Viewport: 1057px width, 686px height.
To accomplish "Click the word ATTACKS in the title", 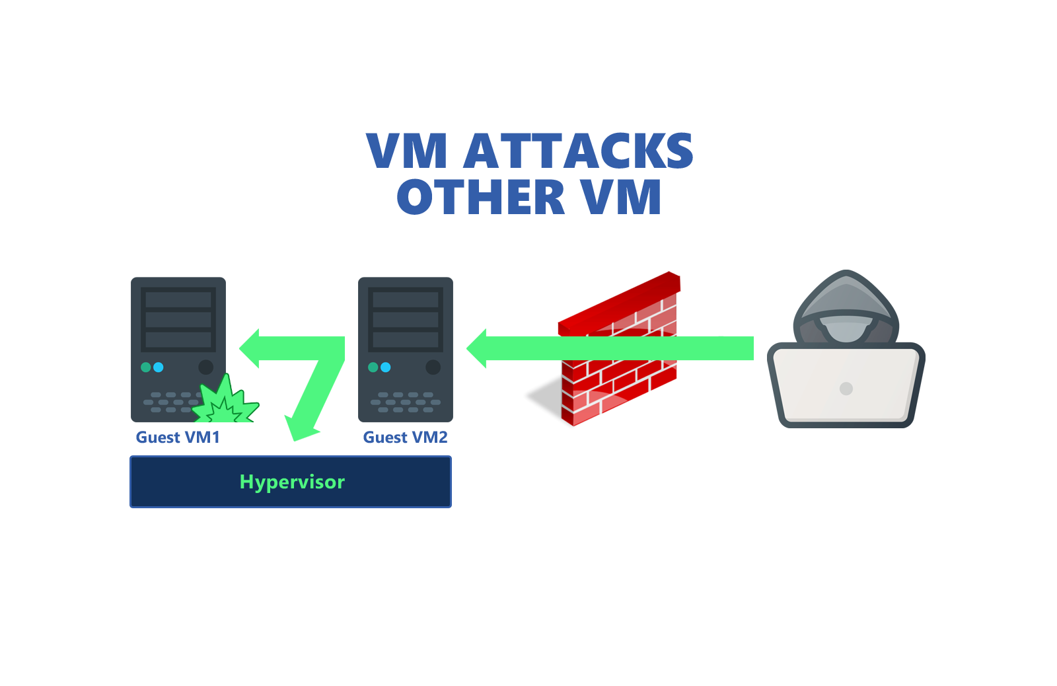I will tap(579, 151).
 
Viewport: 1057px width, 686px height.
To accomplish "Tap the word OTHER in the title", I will tap(481, 198).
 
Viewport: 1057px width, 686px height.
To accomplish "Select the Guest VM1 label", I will tap(178, 438).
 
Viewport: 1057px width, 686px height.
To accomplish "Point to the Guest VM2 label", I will tap(405, 438).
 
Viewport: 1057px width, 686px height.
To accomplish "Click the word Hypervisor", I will tap(292, 482).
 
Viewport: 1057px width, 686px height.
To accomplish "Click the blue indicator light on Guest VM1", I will tap(159, 367).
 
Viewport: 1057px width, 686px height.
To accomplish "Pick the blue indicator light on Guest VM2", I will tap(386, 367).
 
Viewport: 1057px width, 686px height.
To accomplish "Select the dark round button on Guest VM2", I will tap(433, 367).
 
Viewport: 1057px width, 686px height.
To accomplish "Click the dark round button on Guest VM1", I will tap(206, 367).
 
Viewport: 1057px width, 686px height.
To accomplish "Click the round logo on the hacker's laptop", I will tap(846, 389).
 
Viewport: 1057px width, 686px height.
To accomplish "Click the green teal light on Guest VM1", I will tap(146, 367).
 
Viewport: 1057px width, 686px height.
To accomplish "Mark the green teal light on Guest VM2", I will tap(373, 367).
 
